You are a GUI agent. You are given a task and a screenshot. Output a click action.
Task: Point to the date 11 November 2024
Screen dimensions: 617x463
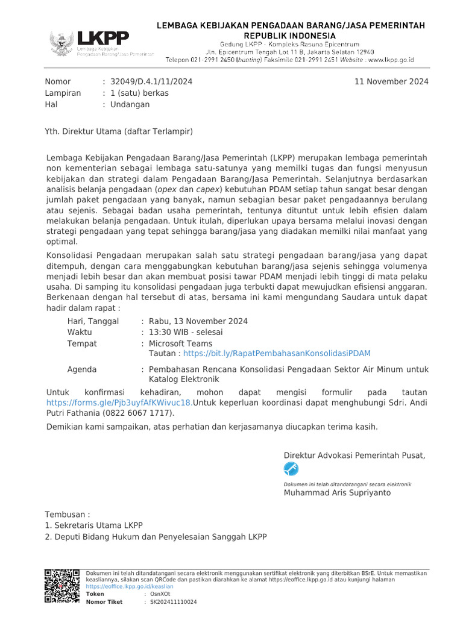point(392,81)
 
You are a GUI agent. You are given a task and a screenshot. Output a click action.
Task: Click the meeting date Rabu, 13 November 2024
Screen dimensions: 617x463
point(198,321)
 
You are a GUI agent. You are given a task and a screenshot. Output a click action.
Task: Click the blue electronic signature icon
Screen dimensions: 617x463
point(291,469)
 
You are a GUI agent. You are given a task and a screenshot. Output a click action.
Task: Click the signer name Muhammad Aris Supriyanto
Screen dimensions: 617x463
point(337,493)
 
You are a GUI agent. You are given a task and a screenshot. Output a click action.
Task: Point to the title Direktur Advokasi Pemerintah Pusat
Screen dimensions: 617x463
point(354,455)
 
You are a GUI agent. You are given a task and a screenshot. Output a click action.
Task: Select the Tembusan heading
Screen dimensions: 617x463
point(68,514)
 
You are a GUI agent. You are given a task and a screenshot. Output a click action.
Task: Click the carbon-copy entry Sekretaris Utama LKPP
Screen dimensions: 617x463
point(98,525)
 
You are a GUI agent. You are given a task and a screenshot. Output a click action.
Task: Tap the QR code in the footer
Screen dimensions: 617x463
point(63,586)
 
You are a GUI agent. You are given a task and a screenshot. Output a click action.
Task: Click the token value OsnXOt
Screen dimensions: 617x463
point(156,594)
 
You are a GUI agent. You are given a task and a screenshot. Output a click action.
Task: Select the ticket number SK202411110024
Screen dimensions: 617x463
point(173,602)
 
